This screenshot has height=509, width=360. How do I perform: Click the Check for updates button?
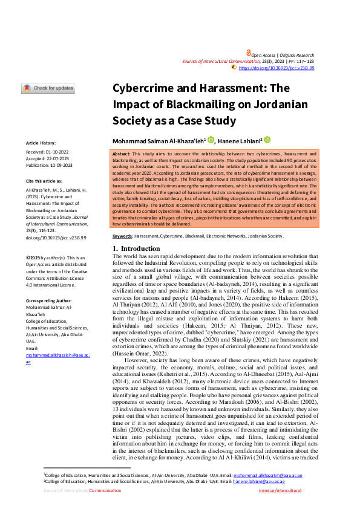click(48, 88)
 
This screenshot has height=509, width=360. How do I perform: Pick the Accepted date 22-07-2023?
click(60, 158)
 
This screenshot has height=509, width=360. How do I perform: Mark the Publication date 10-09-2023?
click(65, 164)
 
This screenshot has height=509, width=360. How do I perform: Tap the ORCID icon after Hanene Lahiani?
click(267, 140)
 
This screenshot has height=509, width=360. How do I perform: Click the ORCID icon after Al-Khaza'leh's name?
click(211, 140)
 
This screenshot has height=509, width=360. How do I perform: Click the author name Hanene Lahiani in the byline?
click(240, 140)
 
